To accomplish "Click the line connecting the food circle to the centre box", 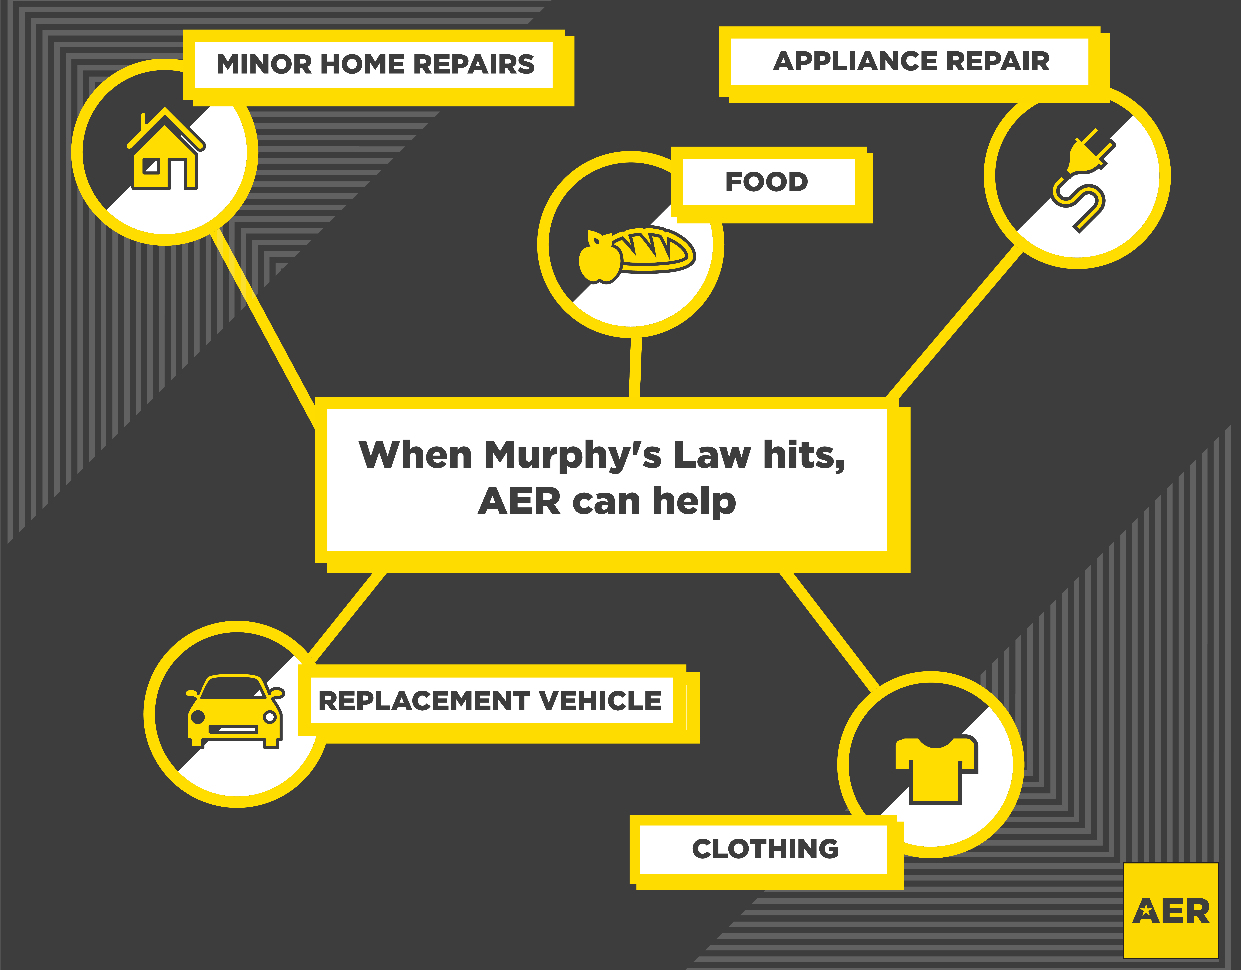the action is click(635, 367).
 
